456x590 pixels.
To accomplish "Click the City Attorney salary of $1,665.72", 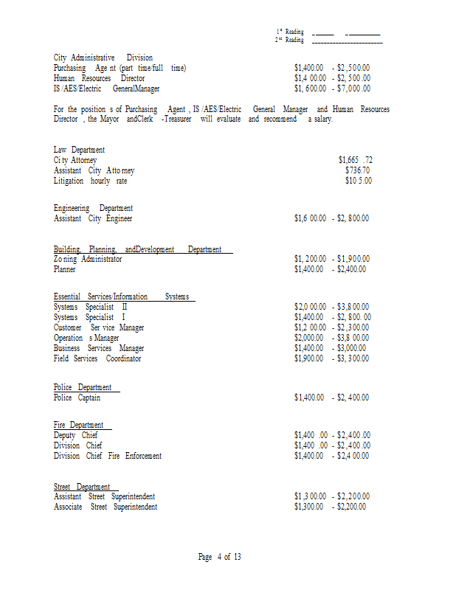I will pyautogui.click(x=355, y=160).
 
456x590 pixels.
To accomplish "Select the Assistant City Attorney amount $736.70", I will pyautogui.click(x=358, y=170).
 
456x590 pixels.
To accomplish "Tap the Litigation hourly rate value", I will pyautogui.click(x=359, y=181).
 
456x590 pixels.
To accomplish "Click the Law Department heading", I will pyautogui.click(x=79, y=150).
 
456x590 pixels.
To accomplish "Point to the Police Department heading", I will pyautogui.click(x=83, y=387).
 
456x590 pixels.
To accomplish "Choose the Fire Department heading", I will pyautogui.click(x=78, y=425).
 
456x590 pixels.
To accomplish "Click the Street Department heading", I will pyautogui.click(x=82, y=487).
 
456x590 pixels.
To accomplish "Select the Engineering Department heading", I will pyautogui.click(x=93, y=208).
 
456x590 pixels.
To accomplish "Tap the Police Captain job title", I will pyautogui.click(x=77, y=398).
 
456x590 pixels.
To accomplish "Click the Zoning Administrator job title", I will pyautogui.click(x=88, y=259).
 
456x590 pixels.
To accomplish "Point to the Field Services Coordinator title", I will pyautogui.click(x=97, y=358).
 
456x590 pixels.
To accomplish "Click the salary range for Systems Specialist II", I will pyautogui.click(x=331, y=307).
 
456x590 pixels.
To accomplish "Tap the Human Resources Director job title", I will pyautogui.click(x=99, y=78).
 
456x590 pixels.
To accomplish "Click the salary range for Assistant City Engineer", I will pyautogui.click(x=331, y=218).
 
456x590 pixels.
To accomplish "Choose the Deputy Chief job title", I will pyautogui.click(x=75, y=435).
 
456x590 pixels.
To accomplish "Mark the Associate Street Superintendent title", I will pyautogui.click(x=105, y=507).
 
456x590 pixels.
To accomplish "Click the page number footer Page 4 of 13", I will pyautogui.click(x=220, y=557).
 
